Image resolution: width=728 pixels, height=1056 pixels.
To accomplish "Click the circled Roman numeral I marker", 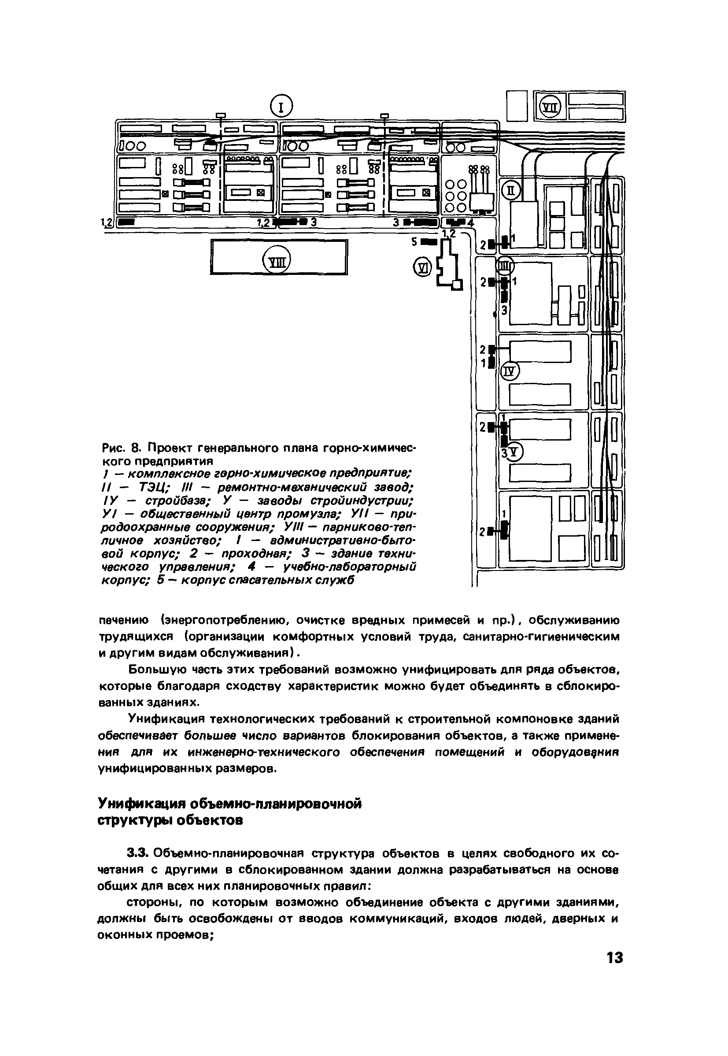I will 281,107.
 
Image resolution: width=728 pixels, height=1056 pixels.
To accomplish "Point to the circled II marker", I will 511,191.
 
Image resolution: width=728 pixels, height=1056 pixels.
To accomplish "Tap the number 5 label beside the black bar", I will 414,242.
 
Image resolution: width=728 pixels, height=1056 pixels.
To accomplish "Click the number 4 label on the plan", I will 471,223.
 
